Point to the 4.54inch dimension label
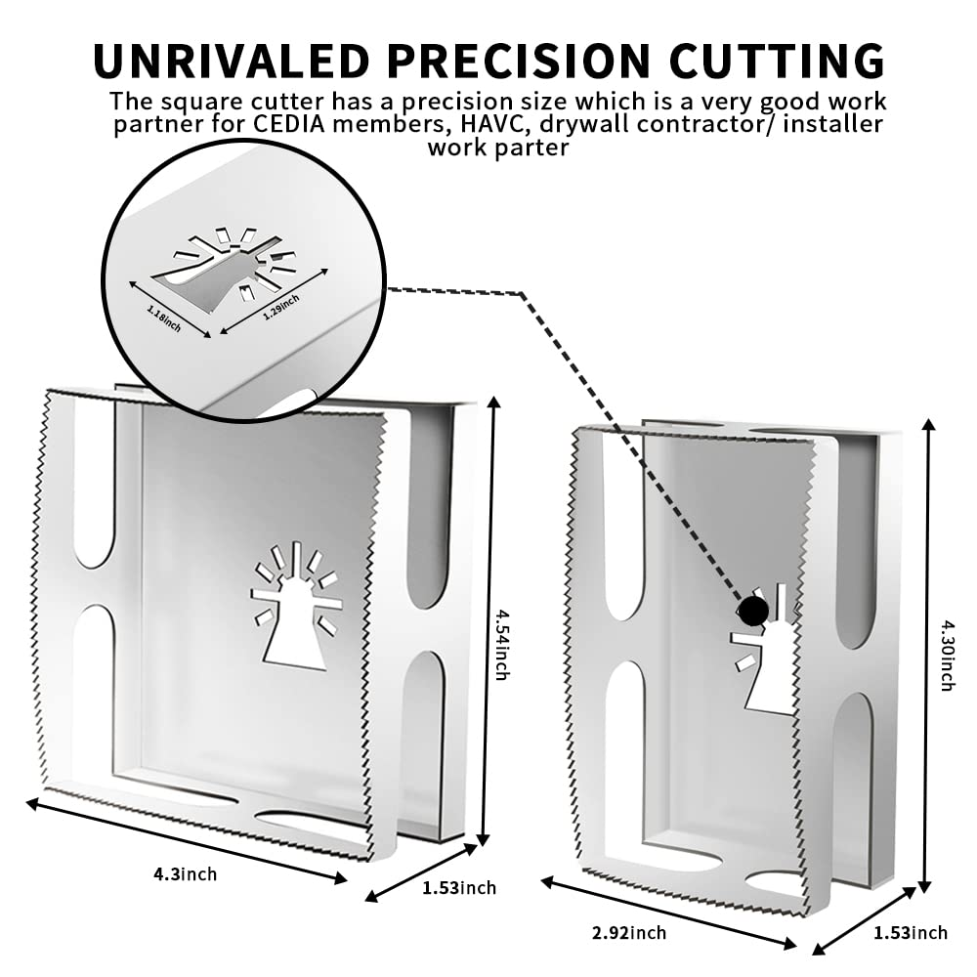[501, 644]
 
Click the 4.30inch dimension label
[946, 655]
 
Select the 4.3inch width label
[185, 874]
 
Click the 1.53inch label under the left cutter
[459, 888]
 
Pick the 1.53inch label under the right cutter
[910, 933]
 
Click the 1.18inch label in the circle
[164, 319]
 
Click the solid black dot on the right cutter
[752, 612]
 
